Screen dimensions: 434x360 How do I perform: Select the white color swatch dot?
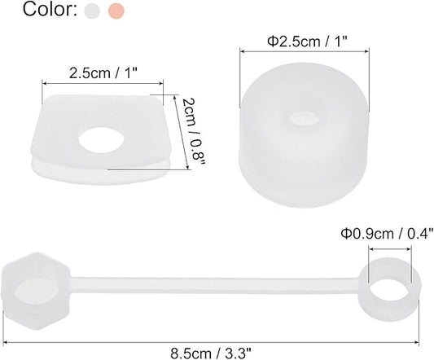(92, 11)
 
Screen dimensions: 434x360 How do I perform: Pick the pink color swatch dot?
(116, 11)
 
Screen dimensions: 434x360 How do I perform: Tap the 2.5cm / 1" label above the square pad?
(103, 73)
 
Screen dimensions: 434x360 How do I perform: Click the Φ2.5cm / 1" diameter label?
(307, 42)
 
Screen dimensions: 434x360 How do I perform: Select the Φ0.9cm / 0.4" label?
(387, 234)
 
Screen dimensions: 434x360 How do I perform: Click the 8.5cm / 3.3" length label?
(211, 353)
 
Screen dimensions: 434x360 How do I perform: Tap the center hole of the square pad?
(101, 139)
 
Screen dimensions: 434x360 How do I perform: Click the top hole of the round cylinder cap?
(302, 118)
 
